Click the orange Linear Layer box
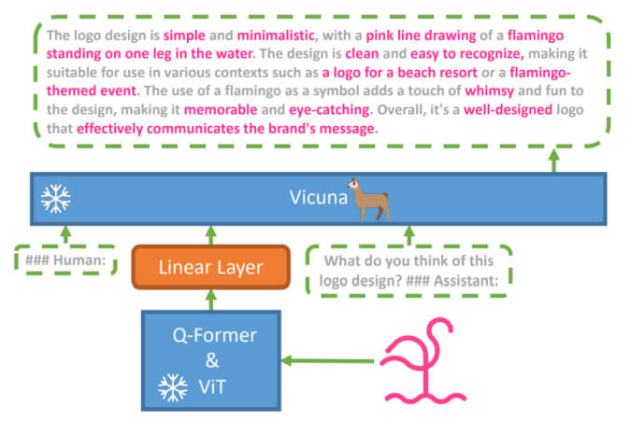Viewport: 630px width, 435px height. pos(210,268)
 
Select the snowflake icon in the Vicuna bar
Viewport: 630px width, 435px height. pos(56,198)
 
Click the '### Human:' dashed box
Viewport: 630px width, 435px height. pos(65,259)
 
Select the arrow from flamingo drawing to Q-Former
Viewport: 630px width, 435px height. pos(328,359)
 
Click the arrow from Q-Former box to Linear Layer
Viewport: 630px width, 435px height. pos(210,301)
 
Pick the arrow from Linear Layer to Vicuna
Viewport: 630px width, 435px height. pos(210,235)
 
